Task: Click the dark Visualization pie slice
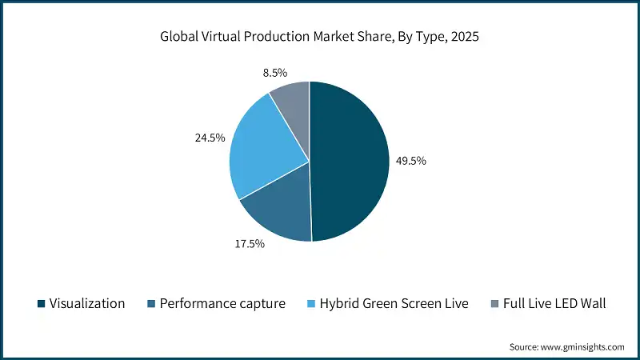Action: coord(352,160)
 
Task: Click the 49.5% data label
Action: coord(411,161)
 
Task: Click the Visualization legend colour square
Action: coord(40,304)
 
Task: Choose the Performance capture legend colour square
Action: coord(150,304)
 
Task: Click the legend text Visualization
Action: coord(87,304)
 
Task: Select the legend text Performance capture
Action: coord(222,304)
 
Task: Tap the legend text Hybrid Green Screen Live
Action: coord(393,304)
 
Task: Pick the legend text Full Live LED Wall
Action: coord(553,304)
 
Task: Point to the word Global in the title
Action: coord(182,37)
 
